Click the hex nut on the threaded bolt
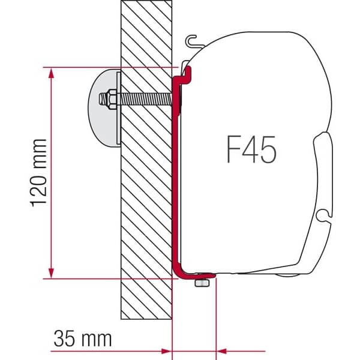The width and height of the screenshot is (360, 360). click(110, 97)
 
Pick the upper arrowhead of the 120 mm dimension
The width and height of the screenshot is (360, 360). click(53, 74)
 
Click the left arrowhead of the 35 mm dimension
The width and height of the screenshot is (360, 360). click(167, 349)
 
